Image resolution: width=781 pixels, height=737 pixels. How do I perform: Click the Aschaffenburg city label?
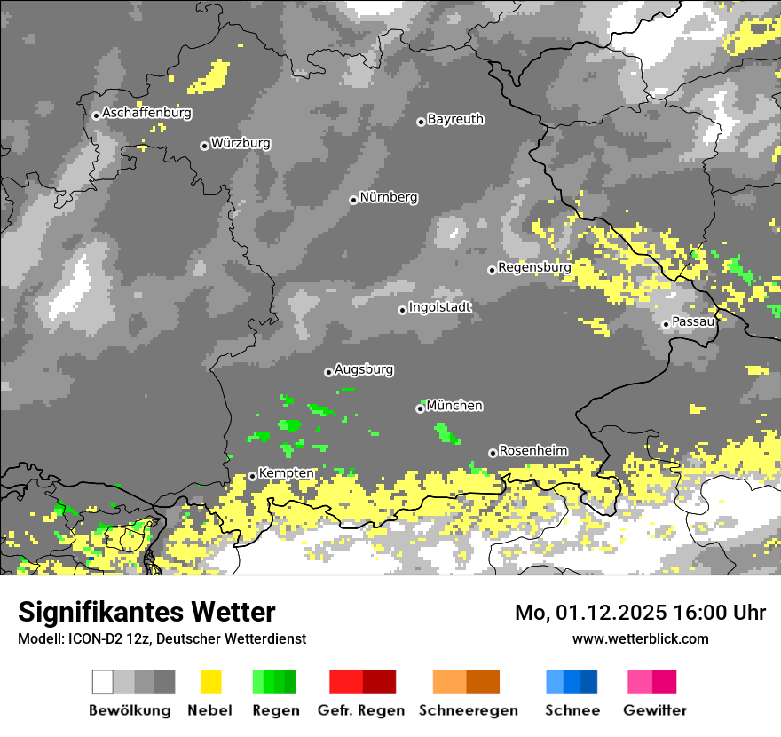point(146,113)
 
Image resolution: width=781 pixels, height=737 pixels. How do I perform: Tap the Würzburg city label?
point(241,143)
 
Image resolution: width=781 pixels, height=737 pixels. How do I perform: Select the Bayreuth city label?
point(455,119)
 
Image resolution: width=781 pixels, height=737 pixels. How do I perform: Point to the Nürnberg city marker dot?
point(353,200)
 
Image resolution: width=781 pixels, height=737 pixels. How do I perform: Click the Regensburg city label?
point(534,266)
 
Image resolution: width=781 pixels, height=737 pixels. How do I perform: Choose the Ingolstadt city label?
point(440,307)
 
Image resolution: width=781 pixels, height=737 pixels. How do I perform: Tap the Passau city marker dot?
point(666,324)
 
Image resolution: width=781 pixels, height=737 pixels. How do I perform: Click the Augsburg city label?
point(364,369)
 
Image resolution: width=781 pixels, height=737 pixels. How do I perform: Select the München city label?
point(454,406)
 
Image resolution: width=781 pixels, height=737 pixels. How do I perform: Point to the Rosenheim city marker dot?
point(493,453)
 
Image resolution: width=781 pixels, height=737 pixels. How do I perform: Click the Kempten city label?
point(286,473)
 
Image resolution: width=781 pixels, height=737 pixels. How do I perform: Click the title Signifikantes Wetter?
point(146,613)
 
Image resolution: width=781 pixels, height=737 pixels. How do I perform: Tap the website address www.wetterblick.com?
point(640,638)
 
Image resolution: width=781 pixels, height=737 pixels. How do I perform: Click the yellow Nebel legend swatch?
point(210,682)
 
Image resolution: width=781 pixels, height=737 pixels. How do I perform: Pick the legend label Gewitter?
point(654,710)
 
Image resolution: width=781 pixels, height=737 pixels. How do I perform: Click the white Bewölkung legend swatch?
point(103,682)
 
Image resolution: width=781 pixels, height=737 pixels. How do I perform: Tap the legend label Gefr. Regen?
point(360,710)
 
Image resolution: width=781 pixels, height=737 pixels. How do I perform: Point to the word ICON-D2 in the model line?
point(92,639)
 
